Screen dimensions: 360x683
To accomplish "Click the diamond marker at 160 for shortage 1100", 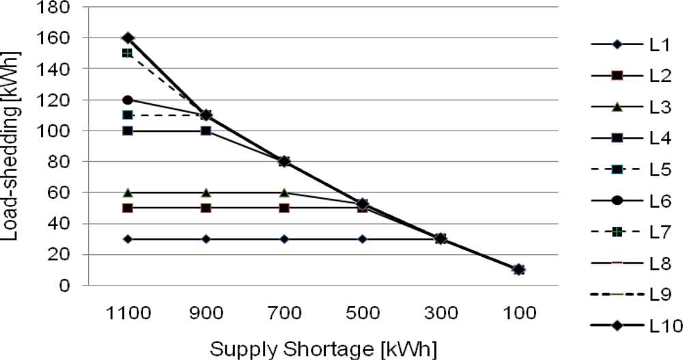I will click(128, 38).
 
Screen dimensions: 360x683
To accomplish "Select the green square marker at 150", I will click(128, 53).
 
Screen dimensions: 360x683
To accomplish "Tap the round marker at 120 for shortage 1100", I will click(128, 100).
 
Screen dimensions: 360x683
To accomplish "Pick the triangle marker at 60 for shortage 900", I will click(206, 193).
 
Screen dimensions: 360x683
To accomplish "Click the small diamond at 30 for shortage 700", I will click(284, 239).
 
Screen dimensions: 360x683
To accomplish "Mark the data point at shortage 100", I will click(519, 270).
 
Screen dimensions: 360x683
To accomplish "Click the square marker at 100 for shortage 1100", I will click(128, 130).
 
